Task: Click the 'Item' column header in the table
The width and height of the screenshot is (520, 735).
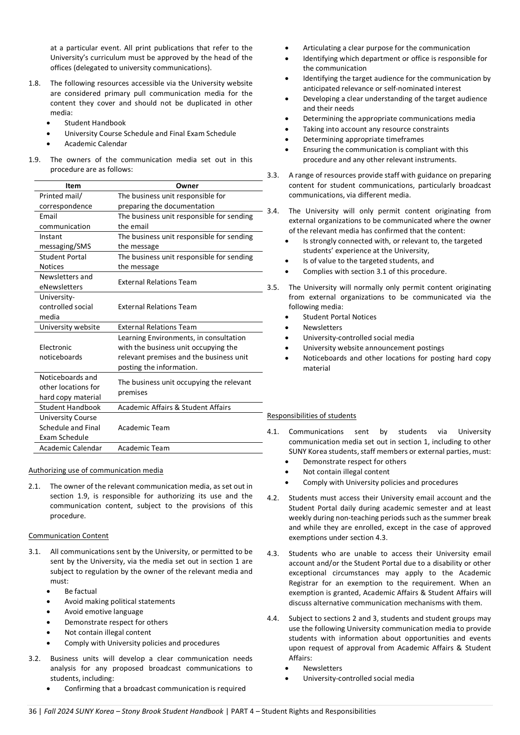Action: [x=73, y=186]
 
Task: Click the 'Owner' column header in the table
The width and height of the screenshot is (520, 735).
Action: [x=187, y=186]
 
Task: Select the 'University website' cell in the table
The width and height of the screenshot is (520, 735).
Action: [x=70, y=327]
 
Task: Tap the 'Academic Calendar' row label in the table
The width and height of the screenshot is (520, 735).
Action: [x=71, y=448]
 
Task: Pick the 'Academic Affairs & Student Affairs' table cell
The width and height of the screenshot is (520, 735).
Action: [x=174, y=407]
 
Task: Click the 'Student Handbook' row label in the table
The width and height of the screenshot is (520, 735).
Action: [x=70, y=407]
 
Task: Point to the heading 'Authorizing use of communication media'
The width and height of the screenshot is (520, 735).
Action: [x=96, y=470]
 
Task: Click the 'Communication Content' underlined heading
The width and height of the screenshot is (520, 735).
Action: [x=68, y=536]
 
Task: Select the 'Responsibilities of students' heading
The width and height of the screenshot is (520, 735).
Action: [x=312, y=416]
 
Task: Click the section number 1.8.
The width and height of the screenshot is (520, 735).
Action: [x=34, y=83]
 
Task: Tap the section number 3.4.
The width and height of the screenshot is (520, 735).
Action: [x=273, y=211]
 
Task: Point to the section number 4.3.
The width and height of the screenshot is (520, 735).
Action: [x=273, y=554]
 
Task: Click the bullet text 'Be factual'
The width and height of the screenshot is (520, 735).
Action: [x=81, y=591]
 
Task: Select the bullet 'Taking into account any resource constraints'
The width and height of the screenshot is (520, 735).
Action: [x=376, y=129]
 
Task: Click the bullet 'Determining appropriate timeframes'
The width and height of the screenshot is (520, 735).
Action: [x=363, y=139]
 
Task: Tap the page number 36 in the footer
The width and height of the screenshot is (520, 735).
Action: [x=32, y=711]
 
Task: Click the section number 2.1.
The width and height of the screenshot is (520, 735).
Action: [x=34, y=486]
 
